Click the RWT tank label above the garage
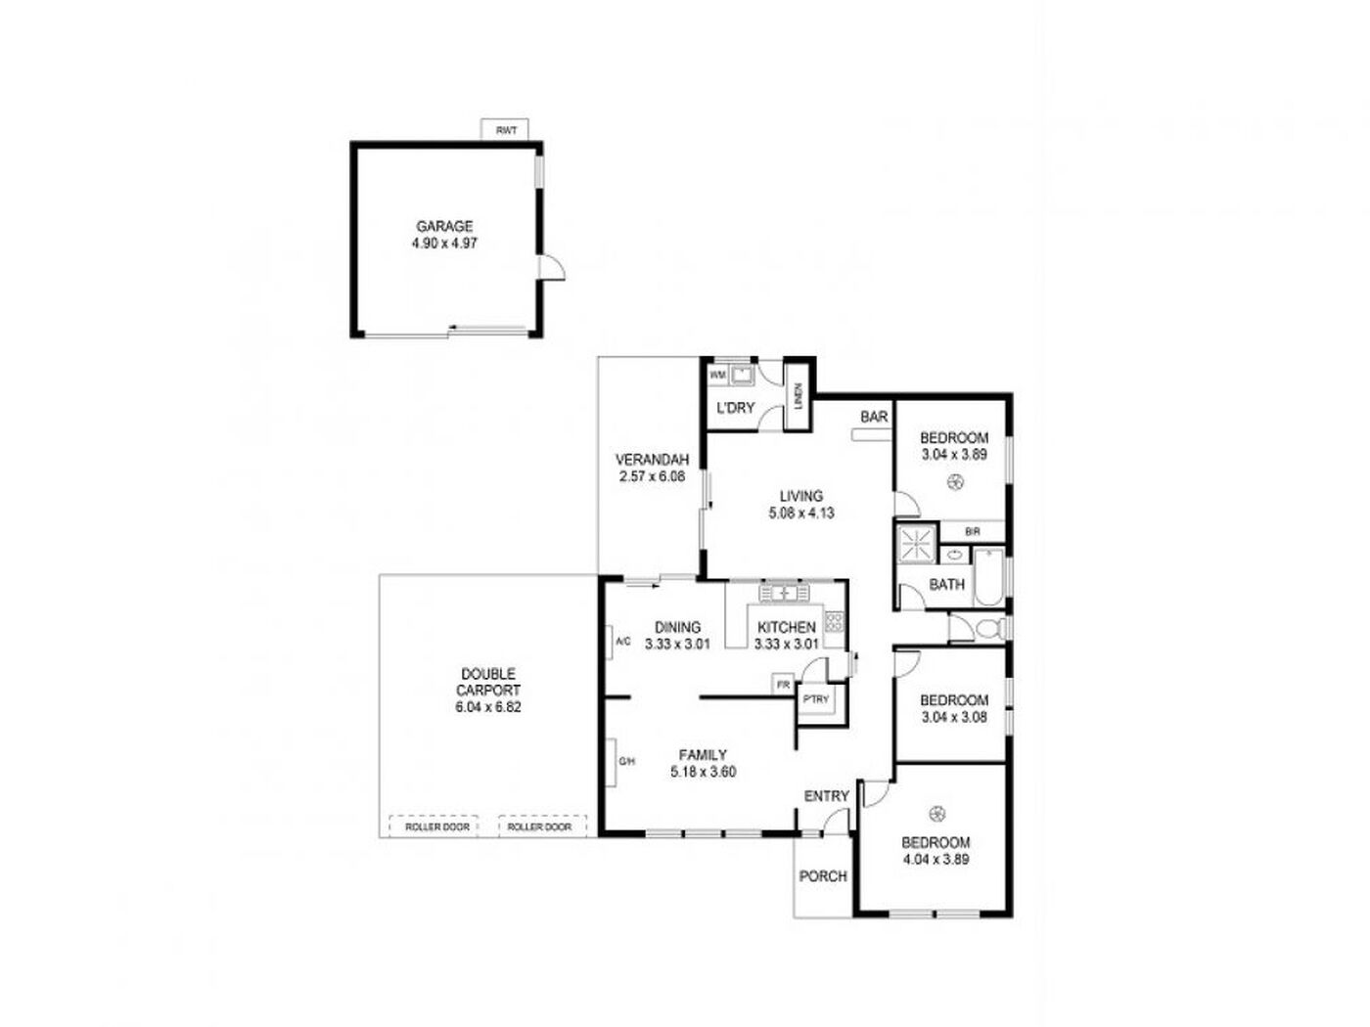point(502,130)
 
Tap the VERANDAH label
point(648,460)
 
